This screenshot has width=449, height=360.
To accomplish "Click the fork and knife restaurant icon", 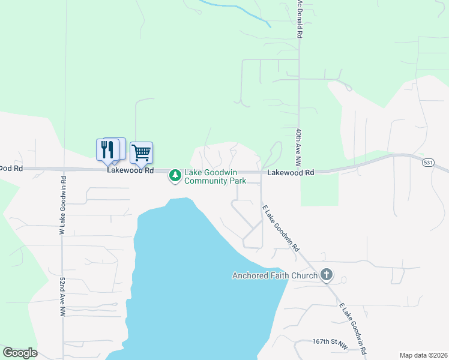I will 107,149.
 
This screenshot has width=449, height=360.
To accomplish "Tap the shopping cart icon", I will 141,152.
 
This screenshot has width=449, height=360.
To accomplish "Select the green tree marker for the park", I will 175,176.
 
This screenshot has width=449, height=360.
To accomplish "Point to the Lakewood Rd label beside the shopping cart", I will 130,170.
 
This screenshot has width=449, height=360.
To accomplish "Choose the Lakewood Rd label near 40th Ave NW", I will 291,172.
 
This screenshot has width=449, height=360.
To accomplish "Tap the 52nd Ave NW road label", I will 61,297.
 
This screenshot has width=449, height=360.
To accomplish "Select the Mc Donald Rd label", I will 298,19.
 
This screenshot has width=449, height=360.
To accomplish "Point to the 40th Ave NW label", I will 298,147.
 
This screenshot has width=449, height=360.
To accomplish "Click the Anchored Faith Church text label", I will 274,276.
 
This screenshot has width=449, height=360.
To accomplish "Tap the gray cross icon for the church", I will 327,275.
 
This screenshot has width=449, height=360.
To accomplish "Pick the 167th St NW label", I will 330,342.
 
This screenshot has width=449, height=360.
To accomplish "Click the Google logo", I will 20,353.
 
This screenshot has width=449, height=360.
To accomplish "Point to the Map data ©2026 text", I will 423,355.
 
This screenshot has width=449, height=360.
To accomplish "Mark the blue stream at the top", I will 240,13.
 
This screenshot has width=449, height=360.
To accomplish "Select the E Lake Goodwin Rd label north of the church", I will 281,227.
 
